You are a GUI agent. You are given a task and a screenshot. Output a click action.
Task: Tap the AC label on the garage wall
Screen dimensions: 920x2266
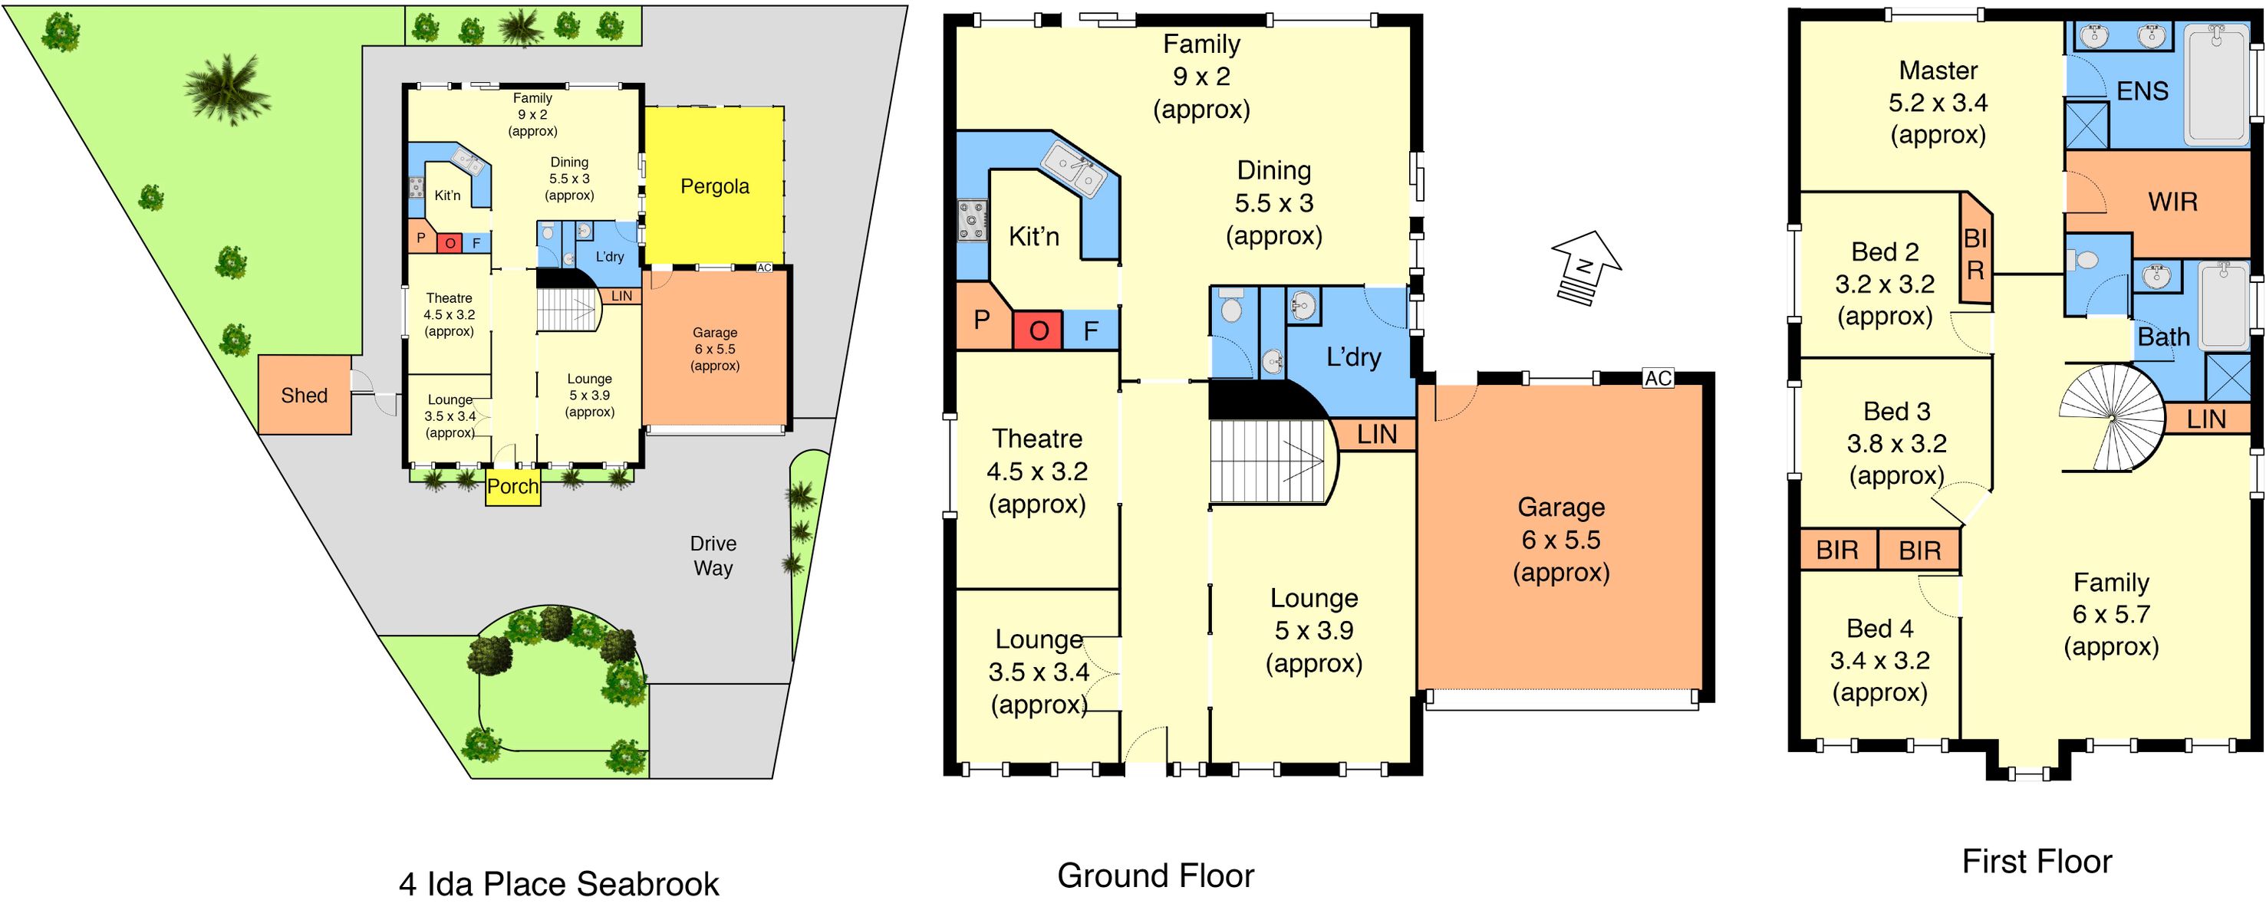coord(1658,378)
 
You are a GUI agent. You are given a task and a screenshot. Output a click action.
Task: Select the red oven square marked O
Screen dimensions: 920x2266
coord(1038,330)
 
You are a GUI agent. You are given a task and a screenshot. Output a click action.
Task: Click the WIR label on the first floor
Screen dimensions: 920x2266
coord(2172,202)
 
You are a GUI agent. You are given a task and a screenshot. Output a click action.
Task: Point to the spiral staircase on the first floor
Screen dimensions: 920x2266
coord(2111,419)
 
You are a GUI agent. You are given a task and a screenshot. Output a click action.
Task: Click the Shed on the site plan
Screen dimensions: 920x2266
coord(305,395)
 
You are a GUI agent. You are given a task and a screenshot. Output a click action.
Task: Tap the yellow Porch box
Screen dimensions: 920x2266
coord(513,486)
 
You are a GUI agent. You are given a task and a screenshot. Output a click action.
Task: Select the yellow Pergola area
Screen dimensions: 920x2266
coord(714,186)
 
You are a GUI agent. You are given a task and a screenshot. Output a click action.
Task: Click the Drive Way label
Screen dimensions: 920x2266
coord(713,556)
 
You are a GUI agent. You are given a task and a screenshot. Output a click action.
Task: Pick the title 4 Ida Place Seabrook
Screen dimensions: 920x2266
coord(558,884)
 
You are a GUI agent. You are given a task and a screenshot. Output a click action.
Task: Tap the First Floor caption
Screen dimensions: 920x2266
coord(2037,861)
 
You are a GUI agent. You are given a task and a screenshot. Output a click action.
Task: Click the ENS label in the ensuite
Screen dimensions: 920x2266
coord(2142,91)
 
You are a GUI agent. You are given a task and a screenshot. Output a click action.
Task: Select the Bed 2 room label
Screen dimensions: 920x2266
coord(1884,252)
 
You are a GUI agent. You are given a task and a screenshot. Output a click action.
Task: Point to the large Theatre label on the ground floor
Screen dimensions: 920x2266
coord(1037,439)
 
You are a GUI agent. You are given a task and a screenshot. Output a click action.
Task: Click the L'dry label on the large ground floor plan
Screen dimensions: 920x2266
coord(1353,357)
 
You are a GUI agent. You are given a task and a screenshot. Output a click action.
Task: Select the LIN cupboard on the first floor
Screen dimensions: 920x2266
coord(2206,419)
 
